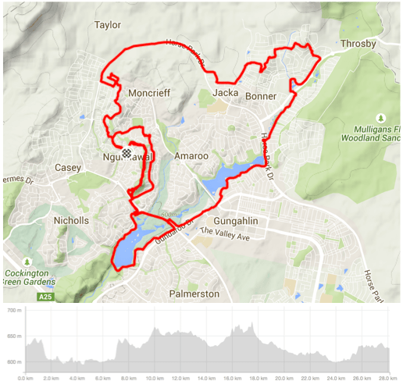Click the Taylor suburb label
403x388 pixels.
point(108,25)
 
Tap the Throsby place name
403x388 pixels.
point(358,44)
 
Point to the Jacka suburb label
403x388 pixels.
point(225,94)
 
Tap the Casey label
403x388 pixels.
point(68,168)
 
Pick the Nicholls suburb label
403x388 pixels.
point(71,221)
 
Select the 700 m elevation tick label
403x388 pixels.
point(13,311)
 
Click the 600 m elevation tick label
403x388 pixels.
point(13,362)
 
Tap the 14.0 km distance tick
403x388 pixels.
point(205,379)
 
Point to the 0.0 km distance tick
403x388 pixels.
point(25,379)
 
